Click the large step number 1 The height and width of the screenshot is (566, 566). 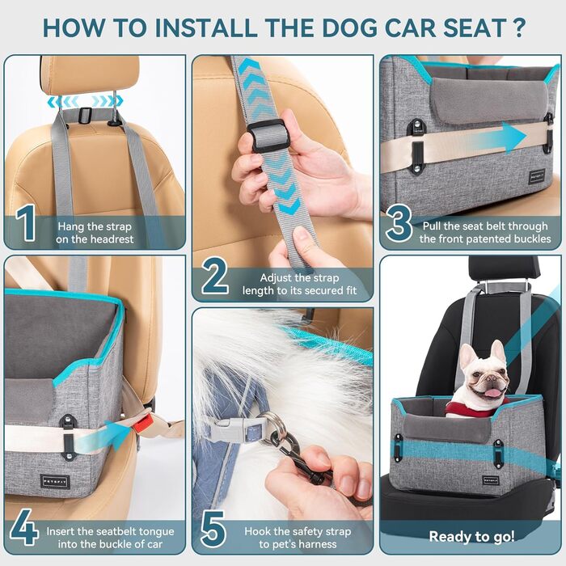[x=27, y=224]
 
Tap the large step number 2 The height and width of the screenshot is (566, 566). [x=214, y=277]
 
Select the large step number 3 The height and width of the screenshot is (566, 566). [x=399, y=224]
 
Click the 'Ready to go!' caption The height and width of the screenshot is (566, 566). [x=471, y=536]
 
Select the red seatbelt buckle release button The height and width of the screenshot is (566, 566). [x=143, y=420]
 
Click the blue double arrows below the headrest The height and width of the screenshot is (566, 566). [x=84, y=102]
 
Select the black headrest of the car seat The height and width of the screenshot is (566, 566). [x=503, y=268]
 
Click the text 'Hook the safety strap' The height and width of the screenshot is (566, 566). [x=298, y=530]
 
